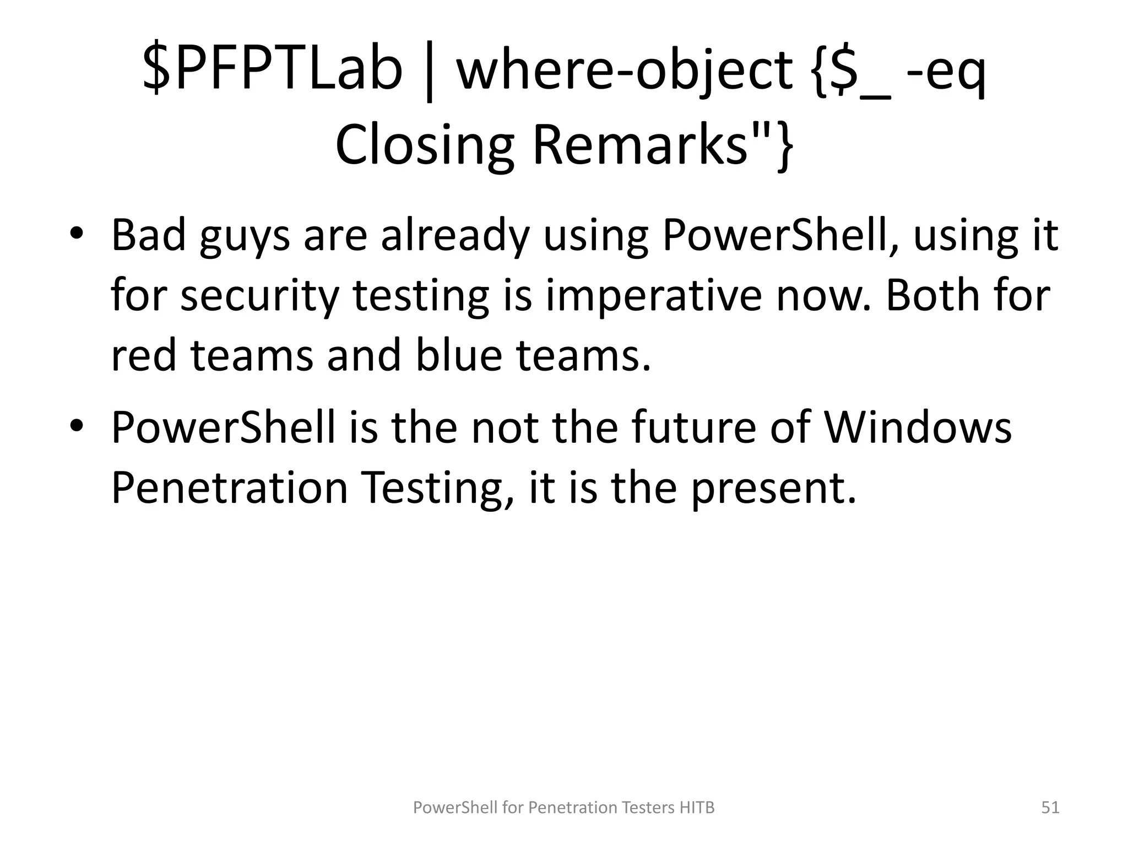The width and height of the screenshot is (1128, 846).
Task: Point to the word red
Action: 144,355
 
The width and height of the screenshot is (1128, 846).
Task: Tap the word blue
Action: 458,355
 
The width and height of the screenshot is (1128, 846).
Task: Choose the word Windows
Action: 918,427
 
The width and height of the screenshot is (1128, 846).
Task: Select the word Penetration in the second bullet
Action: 230,488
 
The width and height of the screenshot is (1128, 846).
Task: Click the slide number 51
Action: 1050,807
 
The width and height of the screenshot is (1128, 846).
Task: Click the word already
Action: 455,236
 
